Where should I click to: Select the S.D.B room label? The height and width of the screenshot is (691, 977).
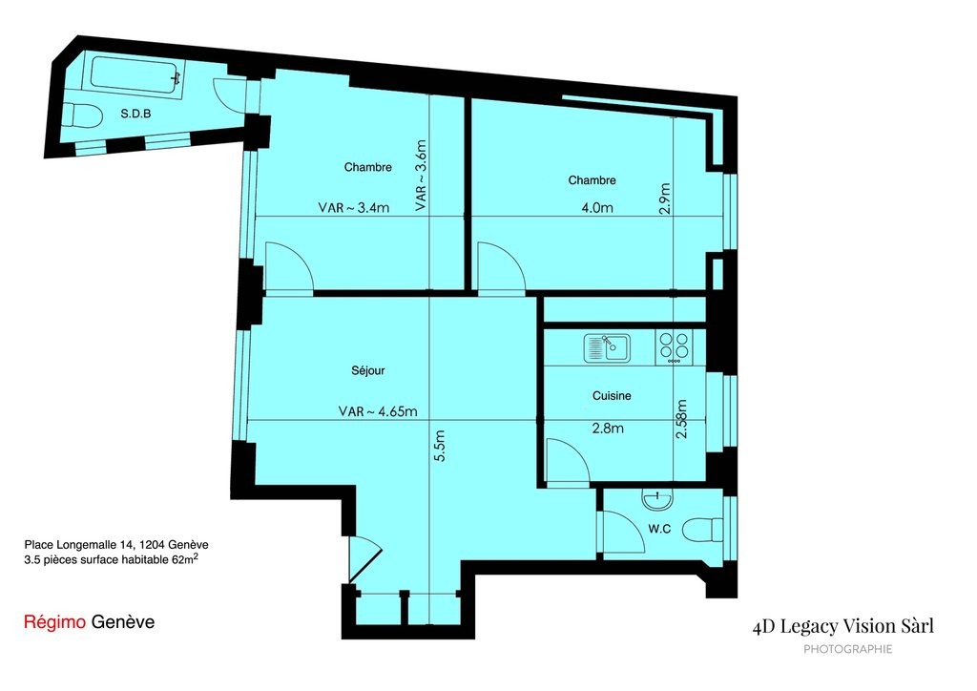(x=135, y=114)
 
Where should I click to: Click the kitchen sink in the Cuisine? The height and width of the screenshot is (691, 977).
(x=607, y=347)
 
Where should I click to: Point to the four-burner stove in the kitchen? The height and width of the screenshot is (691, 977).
(x=675, y=347)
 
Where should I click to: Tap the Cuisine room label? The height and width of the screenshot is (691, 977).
(x=612, y=396)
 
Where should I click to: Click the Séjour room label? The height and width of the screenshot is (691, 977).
(x=367, y=370)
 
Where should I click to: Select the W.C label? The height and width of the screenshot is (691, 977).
(x=659, y=529)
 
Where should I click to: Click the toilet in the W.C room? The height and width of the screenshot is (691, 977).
(x=703, y=531)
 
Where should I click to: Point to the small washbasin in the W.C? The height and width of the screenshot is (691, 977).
(x=656, y=499)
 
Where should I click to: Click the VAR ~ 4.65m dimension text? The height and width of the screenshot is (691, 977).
(x=378, y=412)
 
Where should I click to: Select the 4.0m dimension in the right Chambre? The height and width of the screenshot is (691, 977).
(x=597, y=208)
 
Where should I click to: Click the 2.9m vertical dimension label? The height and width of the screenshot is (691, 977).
(x=665, y=199)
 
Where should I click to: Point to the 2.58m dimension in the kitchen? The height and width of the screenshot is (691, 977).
(x=681, y=419)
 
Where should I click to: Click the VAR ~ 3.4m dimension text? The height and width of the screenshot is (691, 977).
(x=353, y=207)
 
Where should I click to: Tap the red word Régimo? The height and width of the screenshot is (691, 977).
(x=54, y=622)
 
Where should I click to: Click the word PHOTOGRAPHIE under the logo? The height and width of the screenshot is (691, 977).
(x=847, y=649)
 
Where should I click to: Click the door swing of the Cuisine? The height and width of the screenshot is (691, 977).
(x=567, y=460)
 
